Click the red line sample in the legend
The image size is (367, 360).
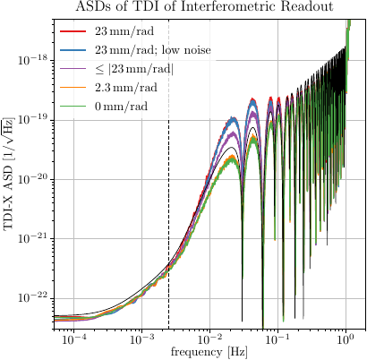tap(73, 32)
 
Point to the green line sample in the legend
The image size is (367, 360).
tap(73, 107)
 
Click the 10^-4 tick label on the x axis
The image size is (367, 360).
tap(73, 339)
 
